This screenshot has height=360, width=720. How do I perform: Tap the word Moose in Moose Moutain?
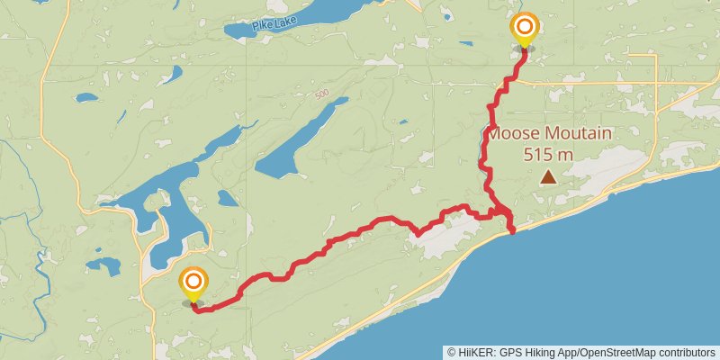tap(515, 135)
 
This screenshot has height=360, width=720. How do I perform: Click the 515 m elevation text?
tap(548, 154)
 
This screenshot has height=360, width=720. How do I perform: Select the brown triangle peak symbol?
tap(548, 178)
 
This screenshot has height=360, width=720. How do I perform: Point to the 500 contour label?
tap(323, 94)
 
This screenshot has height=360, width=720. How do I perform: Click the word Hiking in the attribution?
tap(540, 352)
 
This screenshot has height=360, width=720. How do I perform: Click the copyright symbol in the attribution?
tap(451, 352)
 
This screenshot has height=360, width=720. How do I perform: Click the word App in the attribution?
tap(566, 352)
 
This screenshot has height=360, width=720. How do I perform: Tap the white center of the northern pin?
tap(523, 26)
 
